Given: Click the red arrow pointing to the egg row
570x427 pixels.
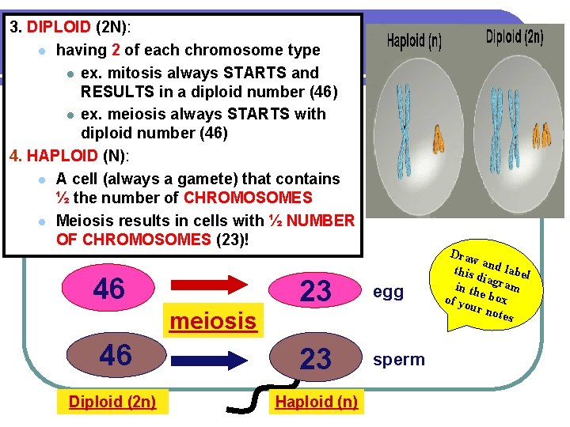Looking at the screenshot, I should (x=212, y=289).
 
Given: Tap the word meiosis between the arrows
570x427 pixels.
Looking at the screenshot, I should (x=214, y=321).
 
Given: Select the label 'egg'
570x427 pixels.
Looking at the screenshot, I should (x=388, y=293).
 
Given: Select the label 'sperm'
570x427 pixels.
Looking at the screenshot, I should (x=399, y=360).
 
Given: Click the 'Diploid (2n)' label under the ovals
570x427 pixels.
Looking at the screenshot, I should (x=112, y=402).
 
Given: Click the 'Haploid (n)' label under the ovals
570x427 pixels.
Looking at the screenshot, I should (x=316, y=402).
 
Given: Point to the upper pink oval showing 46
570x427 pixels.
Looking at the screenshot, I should (x=110, y=289).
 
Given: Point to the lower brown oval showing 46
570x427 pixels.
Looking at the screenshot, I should (x=115, y=356).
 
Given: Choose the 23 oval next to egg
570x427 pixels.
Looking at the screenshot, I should (x=316, y=291).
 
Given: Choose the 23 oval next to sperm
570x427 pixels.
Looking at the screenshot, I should (x=316, y=360).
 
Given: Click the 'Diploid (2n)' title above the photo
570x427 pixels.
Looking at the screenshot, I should (x=515, y=37).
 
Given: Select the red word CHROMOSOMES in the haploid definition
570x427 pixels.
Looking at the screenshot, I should (x=248, y=198).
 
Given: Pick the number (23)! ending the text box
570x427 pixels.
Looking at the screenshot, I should (x=232, y=239).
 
